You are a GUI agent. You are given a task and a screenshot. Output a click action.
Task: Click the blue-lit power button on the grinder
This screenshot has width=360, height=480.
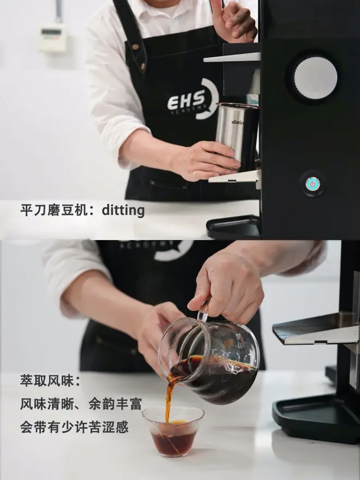[x=313, y=184]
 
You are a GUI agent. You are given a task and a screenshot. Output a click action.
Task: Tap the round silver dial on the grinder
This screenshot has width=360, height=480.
[x=316, y=78]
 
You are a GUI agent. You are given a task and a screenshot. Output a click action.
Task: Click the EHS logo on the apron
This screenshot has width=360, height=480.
[x=193, y=99]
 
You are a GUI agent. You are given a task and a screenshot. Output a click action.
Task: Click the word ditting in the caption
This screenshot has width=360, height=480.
[x=123, y=211]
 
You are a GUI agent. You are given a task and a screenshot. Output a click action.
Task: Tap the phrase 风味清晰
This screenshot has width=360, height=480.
[x=47, y=404]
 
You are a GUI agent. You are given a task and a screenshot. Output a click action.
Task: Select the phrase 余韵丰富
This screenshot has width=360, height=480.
[x=116, y=404]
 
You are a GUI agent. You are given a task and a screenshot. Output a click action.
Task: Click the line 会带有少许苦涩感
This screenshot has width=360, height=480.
[x=74, y=427]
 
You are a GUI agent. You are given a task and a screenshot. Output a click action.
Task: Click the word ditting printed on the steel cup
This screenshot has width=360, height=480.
[x=238, y=122]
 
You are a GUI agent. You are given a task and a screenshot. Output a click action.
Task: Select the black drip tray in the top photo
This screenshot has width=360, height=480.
[x=233, y=226]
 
